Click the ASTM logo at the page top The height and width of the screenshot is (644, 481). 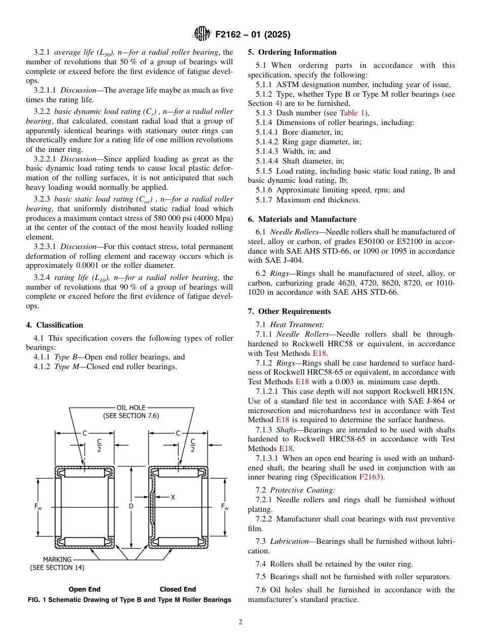pos(202,34)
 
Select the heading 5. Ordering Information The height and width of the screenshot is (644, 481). pos(292,52)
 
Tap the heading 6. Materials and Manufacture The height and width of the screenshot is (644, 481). pos(302,219)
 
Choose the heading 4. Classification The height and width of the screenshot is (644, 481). pos(55,325)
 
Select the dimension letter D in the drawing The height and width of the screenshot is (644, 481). pos(131,506)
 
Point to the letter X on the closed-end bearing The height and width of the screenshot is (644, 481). pos(173,498)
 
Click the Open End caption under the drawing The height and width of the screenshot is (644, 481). pos(85,589)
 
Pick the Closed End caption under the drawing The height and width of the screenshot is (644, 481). pos(178,589)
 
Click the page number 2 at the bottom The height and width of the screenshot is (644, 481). pos(240,622)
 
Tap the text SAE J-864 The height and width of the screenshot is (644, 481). pos(427,401)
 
